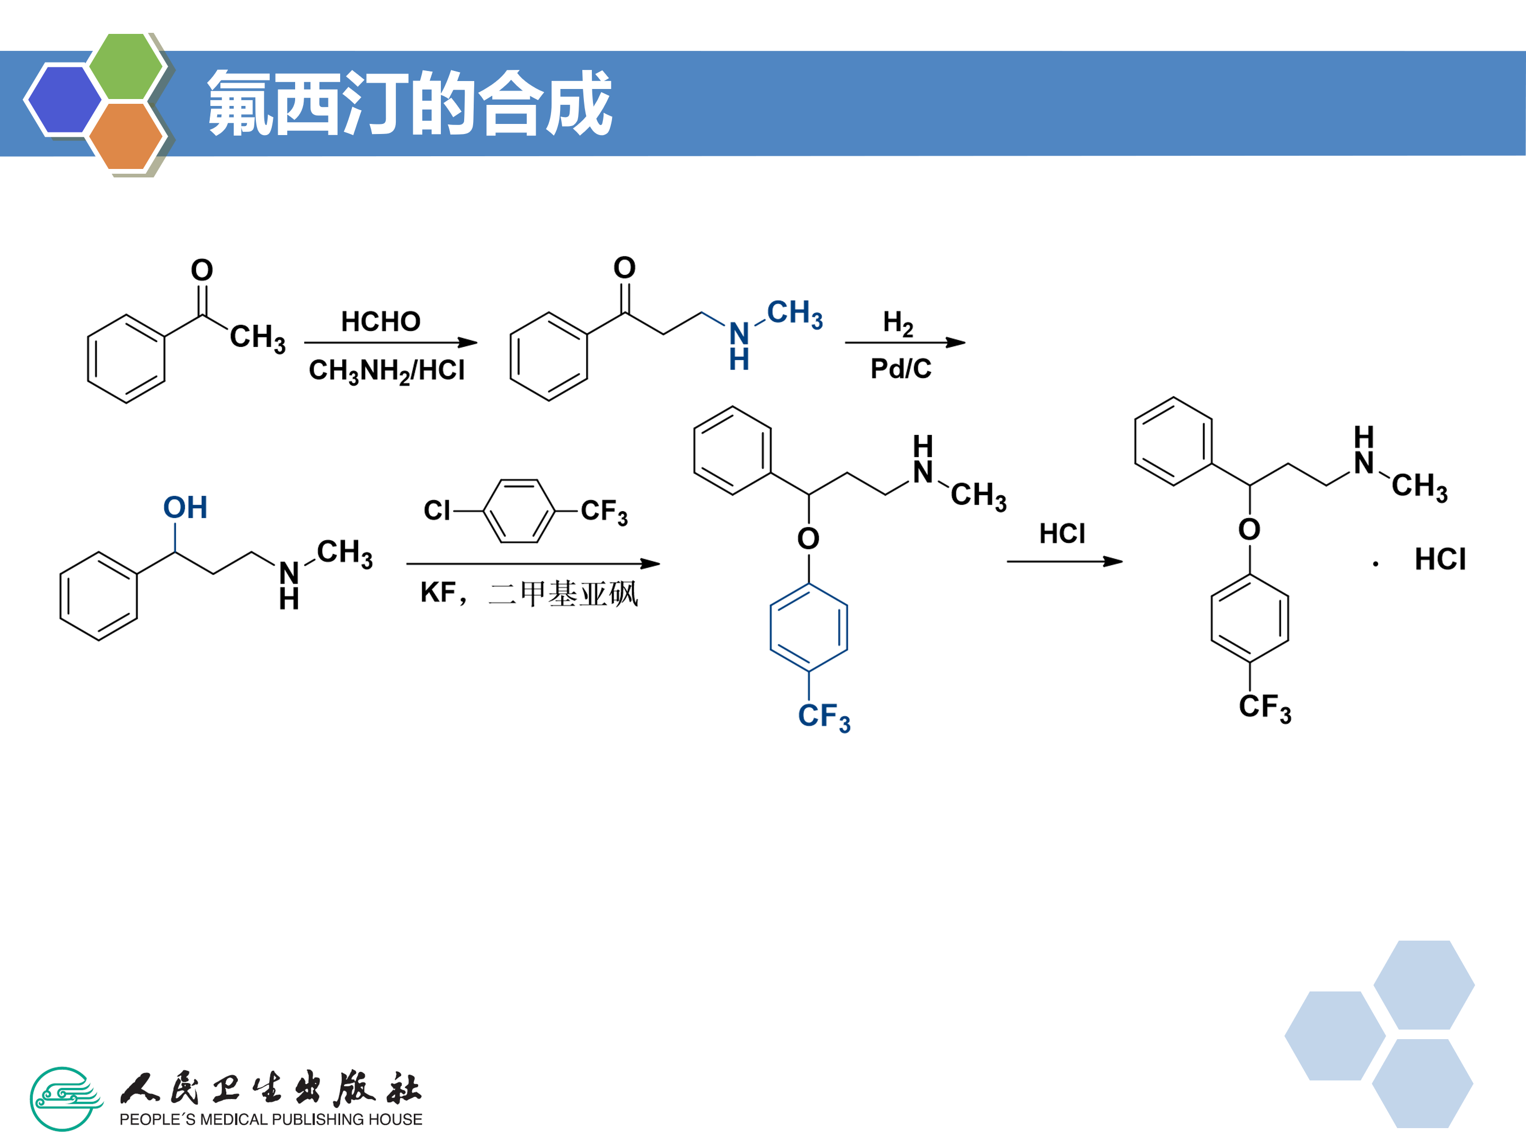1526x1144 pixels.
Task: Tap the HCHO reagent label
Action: tap(381, 321)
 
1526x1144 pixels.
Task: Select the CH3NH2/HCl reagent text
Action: tap(386, 371)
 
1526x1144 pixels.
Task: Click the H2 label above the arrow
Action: tap(898, 322)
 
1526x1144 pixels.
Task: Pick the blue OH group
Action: tap(185, 507)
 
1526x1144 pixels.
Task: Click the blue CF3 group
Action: tap(824, 717)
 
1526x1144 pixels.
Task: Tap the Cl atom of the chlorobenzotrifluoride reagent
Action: tap(437, 511)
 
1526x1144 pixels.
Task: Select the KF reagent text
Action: tap(438, 592)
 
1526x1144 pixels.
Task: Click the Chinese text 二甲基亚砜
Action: tap(563, 594)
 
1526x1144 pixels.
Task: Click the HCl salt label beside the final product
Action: tap(1440, 559)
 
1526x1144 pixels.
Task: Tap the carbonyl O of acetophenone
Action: tap(202, 270)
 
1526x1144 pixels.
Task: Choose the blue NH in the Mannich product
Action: tap(739, 345)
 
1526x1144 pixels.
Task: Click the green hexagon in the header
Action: tap(126, 66)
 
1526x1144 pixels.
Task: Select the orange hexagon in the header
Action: tap(126, 136)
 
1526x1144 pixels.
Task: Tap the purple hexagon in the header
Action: tap(64, 99)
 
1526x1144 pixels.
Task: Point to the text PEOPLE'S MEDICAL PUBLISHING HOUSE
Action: tap(270, 1119)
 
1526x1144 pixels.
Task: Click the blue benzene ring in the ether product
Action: tap(809, 628)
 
